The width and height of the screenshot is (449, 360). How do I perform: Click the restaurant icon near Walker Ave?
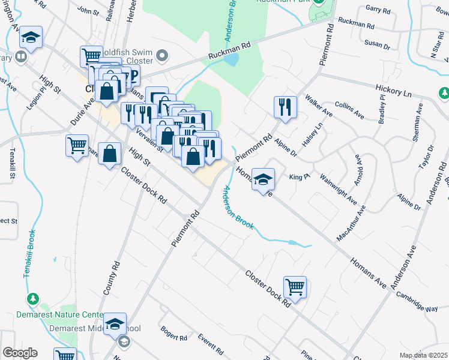click(x=285, y=107)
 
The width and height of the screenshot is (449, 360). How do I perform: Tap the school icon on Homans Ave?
click(x=263, y=179)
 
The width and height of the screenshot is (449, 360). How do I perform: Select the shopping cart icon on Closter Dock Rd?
click(x=295, y=287)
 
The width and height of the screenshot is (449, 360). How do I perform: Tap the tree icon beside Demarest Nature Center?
click(x=34, y=299)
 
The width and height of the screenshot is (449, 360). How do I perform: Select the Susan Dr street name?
click(x=377, y=44)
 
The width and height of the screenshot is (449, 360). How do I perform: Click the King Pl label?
click(x=298, y=177)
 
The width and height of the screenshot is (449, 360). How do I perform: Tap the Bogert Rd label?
click(x=174, y=334)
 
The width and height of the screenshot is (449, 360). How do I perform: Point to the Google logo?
click(x=20, y=353)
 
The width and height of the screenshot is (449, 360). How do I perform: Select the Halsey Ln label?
click(x=313, y=134)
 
